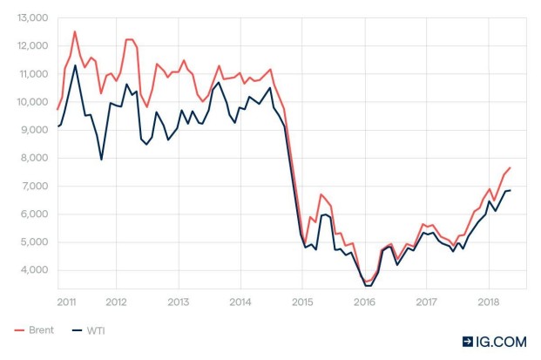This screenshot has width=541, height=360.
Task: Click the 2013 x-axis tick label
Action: [178, 302]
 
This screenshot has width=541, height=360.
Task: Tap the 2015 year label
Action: [302, 302]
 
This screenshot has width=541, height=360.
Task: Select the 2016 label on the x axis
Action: [364, 302]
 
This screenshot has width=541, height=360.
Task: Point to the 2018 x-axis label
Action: [488, 302]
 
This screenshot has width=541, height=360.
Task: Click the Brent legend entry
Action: [34, 329]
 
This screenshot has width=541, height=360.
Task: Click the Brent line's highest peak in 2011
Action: [75, 31]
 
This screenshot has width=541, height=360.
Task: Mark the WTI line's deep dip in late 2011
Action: [101, 160]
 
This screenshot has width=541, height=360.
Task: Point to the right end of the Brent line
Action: [510, 167]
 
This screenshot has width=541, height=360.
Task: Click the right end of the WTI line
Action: [510, 190]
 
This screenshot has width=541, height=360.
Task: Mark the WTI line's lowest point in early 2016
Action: [367, 286]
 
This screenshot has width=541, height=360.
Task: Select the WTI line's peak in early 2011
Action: [75, 65]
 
